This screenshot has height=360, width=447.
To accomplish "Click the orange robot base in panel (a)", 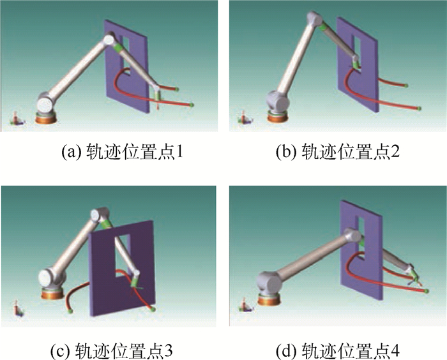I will click(x=47, y=118).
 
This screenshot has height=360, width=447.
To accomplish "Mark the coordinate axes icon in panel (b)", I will click(x=243, y=118).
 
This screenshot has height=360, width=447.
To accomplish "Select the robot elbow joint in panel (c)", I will click(x=101, y=215).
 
